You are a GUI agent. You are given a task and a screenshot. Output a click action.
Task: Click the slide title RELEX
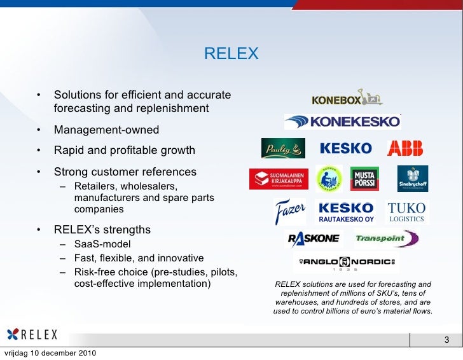(231, 54)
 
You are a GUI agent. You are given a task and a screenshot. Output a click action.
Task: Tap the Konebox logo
(347, 99)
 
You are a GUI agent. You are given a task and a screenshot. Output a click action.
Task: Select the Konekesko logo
(343, 121)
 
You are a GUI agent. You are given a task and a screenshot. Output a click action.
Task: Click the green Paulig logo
(283, 148)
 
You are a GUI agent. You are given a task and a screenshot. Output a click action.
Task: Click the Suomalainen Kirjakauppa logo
(279, 178)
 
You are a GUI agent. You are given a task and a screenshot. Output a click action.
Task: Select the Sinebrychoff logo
(413, 178)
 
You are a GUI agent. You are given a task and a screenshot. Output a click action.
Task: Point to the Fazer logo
(290, 211)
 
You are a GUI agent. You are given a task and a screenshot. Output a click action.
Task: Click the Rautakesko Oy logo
(345, 212)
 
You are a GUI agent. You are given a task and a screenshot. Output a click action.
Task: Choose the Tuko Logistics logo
(406, 212)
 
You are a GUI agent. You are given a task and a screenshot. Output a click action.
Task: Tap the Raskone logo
(314, 239)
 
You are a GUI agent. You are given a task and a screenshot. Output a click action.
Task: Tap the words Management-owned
(106, 130)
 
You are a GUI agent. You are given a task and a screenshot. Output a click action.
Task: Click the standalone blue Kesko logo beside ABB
(345, 148)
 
